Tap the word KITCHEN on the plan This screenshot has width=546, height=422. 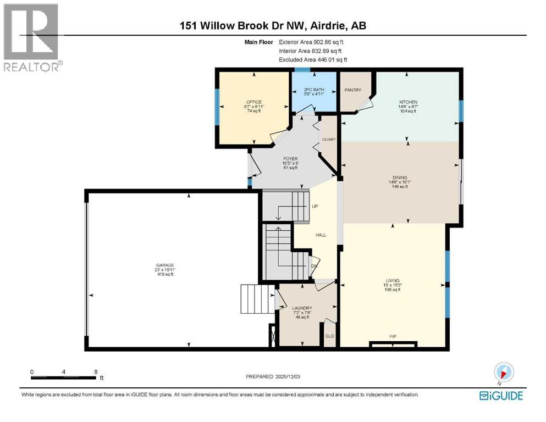(x=408, y=102)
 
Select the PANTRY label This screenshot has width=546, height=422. (x=352, y=89)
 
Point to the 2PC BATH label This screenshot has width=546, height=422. (x=315, y=89)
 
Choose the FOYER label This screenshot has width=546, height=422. (x=290, y=159)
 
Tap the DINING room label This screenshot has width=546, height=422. (x=400, y=177)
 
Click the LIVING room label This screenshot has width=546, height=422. (x=392, y=280)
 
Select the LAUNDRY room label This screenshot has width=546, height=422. (x=302, y=308)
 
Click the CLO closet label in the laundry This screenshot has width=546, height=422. (x=330, y=335)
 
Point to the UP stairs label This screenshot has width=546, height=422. (x=316, y=207)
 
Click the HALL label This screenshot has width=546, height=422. (x=321, y=235)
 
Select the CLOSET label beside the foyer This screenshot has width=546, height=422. (x=329, y=140)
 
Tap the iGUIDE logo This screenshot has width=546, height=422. (x=501, y=396)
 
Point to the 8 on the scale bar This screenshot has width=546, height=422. (x=96, y=371)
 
